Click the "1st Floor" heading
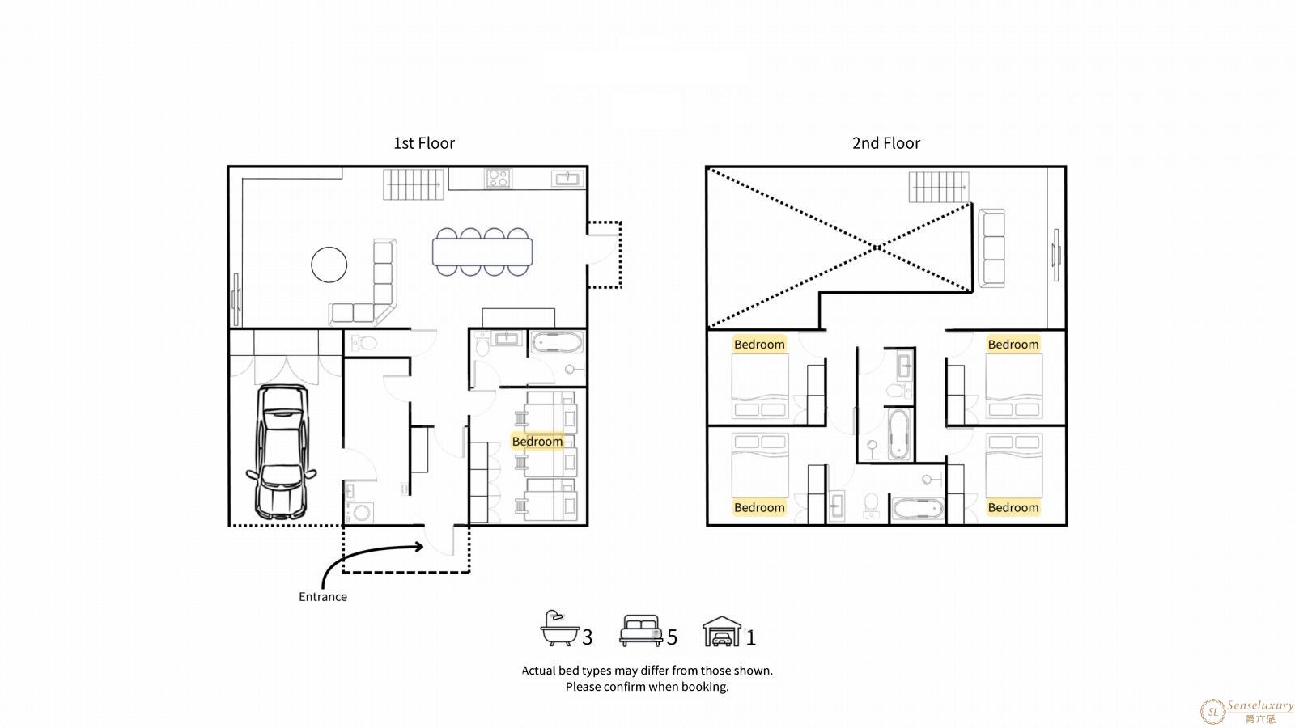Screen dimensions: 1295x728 [424, 142]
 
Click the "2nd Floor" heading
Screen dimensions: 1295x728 [885, 142]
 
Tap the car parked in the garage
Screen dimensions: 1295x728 [282, 452]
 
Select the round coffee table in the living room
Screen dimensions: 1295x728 [329, 265]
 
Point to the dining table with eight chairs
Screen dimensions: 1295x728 [482, 252]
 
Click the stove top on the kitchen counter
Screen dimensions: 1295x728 [498, 179]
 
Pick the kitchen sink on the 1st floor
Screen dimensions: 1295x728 [567, 179]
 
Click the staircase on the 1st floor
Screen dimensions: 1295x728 [414, 184]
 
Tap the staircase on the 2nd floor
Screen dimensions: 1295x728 [939, 187]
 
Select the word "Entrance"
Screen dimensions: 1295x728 [323, 597]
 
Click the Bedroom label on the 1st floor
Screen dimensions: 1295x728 [537, 442]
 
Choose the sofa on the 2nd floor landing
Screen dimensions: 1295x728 [991, 248]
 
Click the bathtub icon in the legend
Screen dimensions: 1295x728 [559, 628]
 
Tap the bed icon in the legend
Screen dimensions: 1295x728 [640, 630]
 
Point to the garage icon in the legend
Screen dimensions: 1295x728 [721, 631]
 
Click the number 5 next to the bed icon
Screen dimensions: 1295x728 [672, 637]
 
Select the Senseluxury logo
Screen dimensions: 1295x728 [1246, 711]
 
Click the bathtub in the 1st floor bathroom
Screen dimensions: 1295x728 [557, 343]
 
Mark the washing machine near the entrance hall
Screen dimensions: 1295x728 [359, 513]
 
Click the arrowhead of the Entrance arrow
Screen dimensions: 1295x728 [419, 547]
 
